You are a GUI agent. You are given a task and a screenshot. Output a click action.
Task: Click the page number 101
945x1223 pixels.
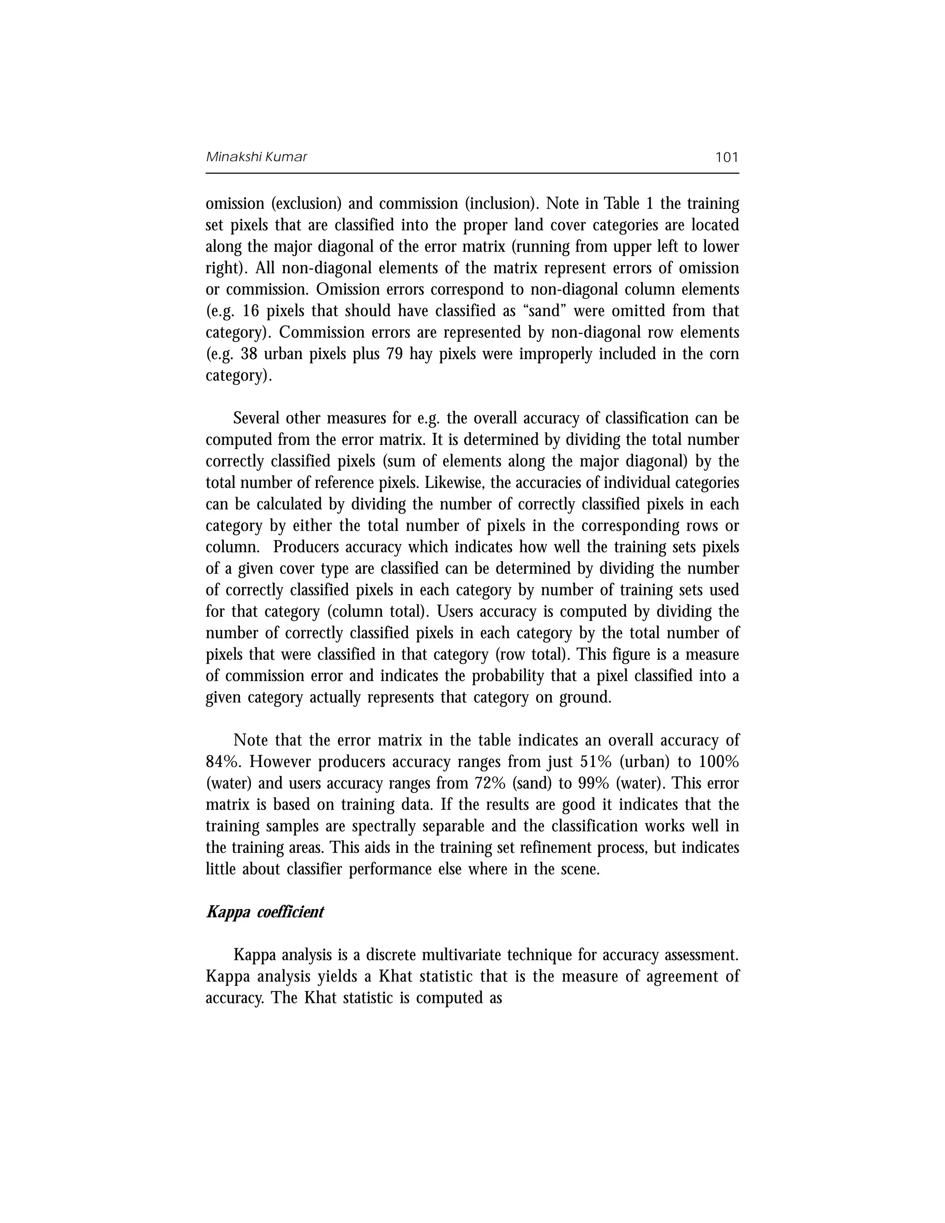[x=727, y=157]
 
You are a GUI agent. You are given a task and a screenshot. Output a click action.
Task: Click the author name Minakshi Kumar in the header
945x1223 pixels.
[x=257, y=157]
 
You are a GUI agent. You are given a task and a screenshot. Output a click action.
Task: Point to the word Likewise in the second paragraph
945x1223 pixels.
[x=447, y=483]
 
